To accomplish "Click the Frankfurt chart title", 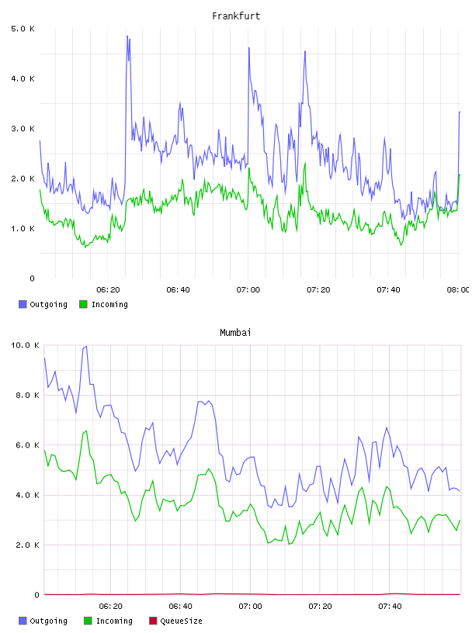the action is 236,16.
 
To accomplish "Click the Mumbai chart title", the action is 235,333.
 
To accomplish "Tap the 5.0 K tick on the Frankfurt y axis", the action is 23,29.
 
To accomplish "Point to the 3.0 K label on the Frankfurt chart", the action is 23,129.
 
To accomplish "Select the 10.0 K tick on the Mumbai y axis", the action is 25,345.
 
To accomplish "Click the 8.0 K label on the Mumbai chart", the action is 27,395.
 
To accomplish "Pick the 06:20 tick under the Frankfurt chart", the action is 108,290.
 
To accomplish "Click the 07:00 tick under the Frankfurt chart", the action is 248,290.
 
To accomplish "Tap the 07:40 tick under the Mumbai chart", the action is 390,607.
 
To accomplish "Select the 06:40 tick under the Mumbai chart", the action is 180,607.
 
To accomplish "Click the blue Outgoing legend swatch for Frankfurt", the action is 23,304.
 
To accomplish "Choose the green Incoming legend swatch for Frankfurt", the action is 83,304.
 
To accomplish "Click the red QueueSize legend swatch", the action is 153,621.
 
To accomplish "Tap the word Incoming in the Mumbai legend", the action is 114,621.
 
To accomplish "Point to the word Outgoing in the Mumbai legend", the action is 48,621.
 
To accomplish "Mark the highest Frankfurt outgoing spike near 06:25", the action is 127,36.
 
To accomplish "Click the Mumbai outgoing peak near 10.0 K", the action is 86,347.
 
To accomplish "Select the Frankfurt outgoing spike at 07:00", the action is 249,48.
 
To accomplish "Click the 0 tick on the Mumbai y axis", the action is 36,595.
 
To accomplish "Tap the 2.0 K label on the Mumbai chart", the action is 27,545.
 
